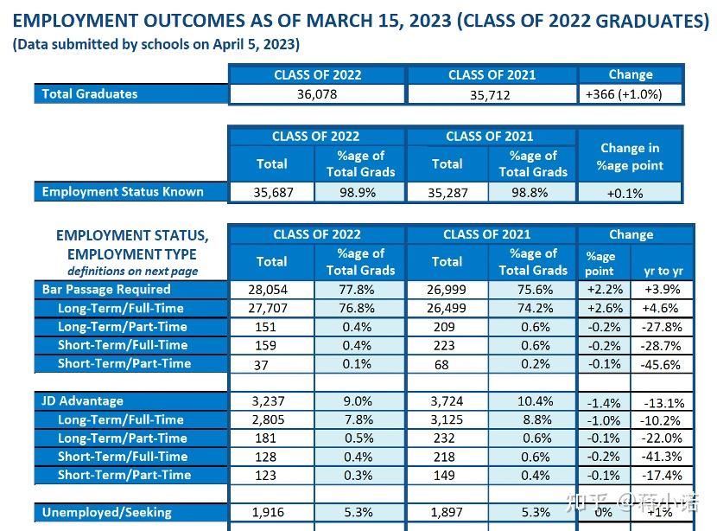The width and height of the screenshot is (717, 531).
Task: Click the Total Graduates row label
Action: pyautogui.click(x=90, y=93)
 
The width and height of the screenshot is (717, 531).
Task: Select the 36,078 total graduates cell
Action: pyautogui.click(x=317, y=94)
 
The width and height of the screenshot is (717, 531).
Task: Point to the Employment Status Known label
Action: pyautogui.click(x=123, y=192)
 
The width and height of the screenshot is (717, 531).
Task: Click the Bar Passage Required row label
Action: pyautogui.click(x=106, y=290)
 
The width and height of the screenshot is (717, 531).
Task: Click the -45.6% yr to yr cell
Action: pyautogui.click(x=662, y=364)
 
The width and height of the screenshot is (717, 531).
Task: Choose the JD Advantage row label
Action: pyautogui.click(x=83, y=401)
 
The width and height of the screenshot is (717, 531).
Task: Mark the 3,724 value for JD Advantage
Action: pyautogui.click(x=446, y=401)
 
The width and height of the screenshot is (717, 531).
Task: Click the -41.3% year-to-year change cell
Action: pyautogui.click(x=662, y=457)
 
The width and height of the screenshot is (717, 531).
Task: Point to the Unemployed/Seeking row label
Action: pyautogui.click(x=107, y=513)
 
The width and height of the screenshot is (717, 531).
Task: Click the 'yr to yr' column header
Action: pyautogui.click(x=663, y=271)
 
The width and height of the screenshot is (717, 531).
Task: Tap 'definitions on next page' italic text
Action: pyautogui.click(x=138, y=271)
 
